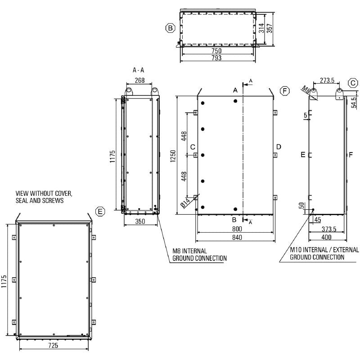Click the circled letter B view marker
[170, 28]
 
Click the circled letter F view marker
[284, 91]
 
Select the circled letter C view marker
[353, 83]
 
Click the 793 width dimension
[216, 58]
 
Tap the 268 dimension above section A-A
[139, 81]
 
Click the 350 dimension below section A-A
[140, 221]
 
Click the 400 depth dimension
[326, 237]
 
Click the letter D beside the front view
[279, 147]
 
